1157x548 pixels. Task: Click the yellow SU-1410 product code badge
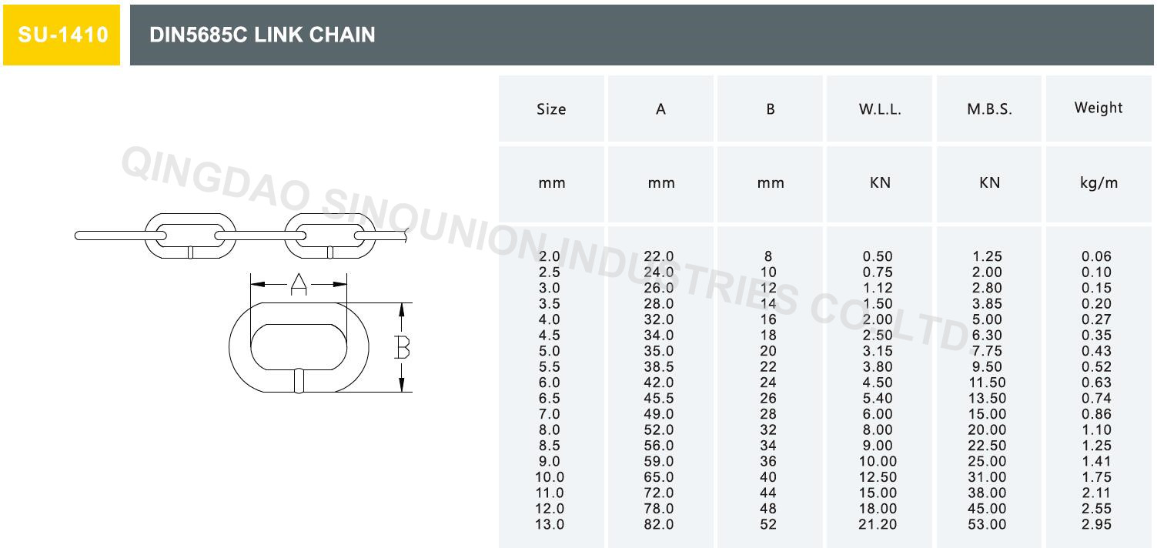pos(62,35)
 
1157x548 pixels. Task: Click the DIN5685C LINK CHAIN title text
pos(262,35)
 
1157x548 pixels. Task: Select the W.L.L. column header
pos(880,109)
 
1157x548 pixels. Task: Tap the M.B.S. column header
pos(989,109)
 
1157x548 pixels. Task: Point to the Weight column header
pos(1098,108)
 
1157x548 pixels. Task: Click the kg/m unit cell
pos(1098,183)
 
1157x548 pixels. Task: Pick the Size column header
pos(551,109)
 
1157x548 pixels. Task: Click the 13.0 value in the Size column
pos(550,524)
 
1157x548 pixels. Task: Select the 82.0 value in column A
pos(659,524)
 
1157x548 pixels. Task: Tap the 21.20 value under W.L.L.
pos(878,524)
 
